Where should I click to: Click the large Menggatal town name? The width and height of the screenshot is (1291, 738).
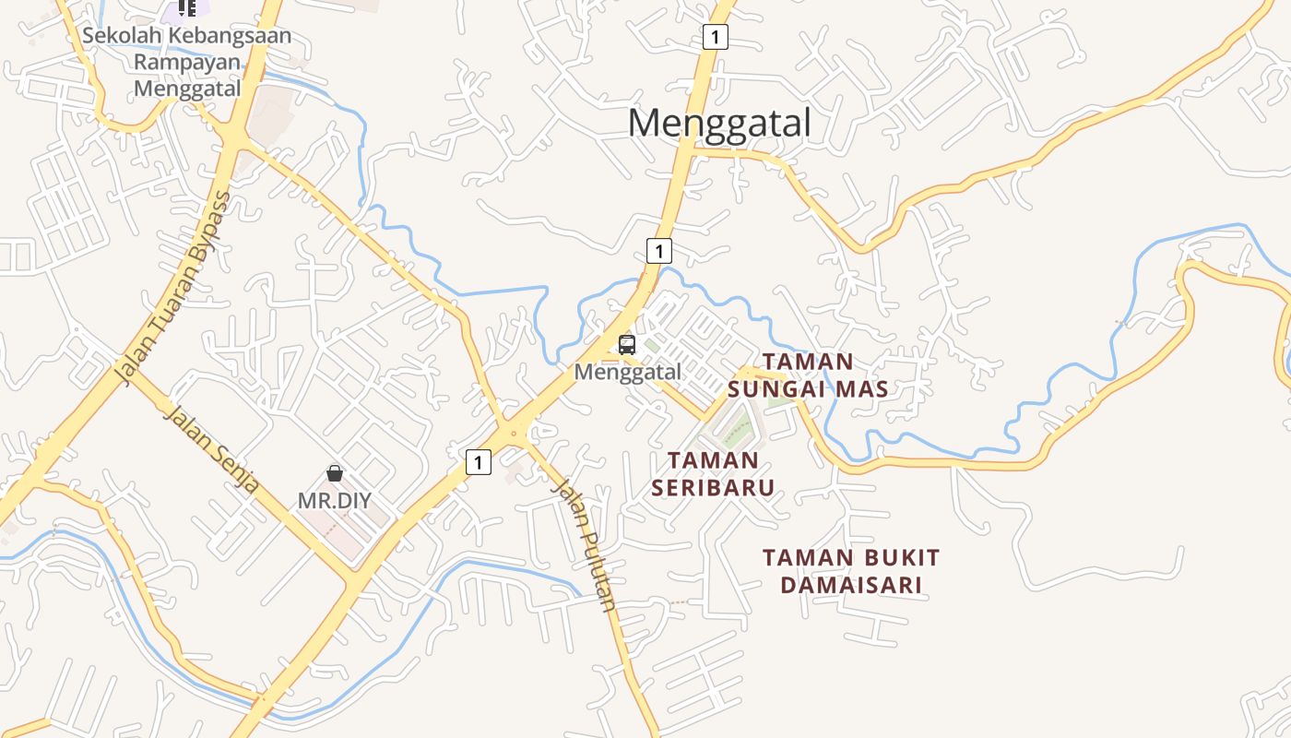[x=719, y=123]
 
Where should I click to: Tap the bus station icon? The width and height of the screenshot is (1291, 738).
[x=627, y=345]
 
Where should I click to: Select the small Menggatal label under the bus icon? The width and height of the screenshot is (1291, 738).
[x=627, y=372]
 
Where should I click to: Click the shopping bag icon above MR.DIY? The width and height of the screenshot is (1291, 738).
[x=335, y=473]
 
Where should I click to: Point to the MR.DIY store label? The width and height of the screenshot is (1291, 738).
[x=334, y=501]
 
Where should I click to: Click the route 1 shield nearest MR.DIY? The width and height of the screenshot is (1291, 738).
[x=478, y=461]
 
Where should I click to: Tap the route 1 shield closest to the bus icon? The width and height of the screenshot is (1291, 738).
[x=658, y=250]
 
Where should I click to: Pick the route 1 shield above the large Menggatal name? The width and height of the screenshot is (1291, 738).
[x=715, y=37]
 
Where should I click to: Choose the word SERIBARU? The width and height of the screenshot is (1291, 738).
[x=713, y=486]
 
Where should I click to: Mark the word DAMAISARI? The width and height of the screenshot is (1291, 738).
[x=851, y=585]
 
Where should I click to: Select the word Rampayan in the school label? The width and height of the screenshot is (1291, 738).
[x=187, y=63]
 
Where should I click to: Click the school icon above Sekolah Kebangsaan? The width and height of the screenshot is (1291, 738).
[x=187, y=8]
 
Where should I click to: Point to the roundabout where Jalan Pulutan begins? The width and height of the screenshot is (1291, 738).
[x=514, y=430]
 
